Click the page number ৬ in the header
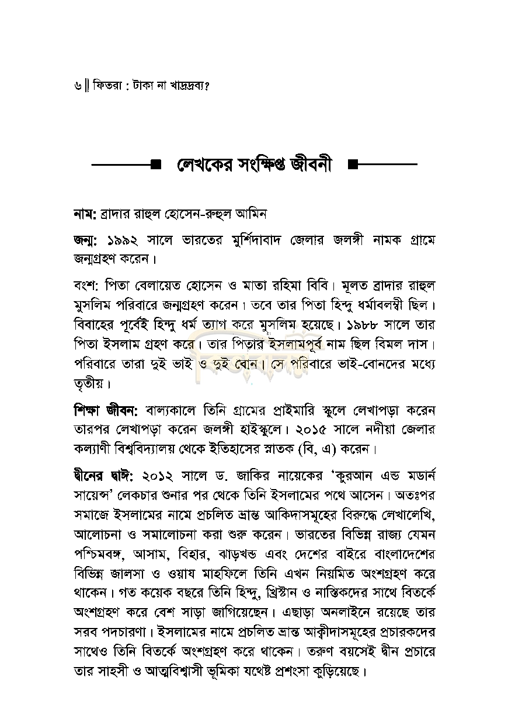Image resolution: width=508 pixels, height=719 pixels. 78,85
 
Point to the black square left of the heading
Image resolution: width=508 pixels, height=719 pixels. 156,165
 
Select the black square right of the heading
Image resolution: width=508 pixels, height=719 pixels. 353,165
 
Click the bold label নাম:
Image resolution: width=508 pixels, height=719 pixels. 85,214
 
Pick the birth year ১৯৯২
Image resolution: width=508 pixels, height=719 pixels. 127,240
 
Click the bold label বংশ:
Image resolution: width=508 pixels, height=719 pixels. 88,287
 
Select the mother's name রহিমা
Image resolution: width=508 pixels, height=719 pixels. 316,287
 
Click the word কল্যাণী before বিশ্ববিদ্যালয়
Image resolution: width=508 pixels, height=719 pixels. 96,448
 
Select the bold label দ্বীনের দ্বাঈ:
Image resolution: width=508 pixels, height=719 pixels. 106,476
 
